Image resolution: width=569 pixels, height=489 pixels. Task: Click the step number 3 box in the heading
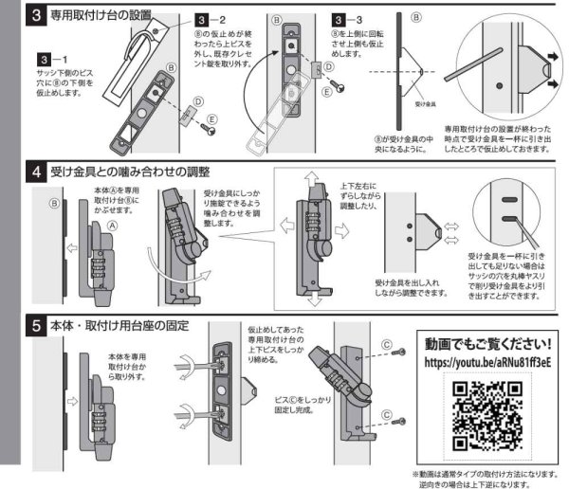[x=35, y=16]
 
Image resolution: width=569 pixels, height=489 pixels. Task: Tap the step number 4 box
[x=35, y=172]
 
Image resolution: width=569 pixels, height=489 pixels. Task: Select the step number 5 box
[x=35, y=325]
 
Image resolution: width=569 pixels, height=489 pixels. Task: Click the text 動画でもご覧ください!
[x=487, y=341]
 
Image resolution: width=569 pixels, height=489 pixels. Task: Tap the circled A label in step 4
[x=111, y=226]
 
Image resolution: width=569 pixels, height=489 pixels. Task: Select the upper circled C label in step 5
[x=386, y=344]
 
